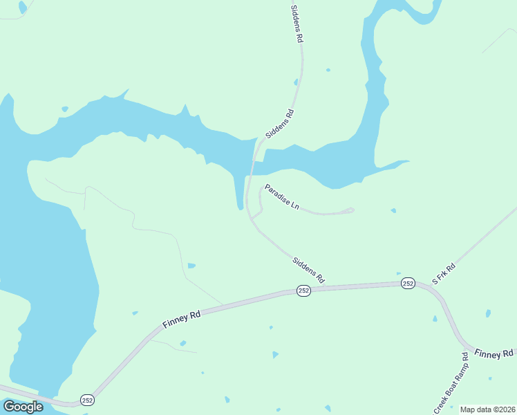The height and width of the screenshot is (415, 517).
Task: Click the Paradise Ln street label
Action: coord(281,196)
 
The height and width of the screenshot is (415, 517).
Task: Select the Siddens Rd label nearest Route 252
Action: coord(308,270)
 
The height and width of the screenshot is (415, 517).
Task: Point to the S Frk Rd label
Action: coord(444,274)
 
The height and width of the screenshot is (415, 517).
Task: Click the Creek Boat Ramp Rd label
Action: coord(451,384)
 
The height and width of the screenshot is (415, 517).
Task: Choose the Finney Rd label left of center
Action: coord(182,319)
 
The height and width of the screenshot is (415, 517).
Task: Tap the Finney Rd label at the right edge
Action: coord(494,353)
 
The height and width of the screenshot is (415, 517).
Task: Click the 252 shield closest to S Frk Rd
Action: coord(407,284)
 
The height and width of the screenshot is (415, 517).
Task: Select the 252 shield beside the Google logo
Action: coord(86,400)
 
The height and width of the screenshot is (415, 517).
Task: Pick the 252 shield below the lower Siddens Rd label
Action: coord(303,291)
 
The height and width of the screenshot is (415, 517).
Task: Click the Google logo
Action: coord(23,406)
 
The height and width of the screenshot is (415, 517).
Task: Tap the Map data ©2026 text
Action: coord(487,409)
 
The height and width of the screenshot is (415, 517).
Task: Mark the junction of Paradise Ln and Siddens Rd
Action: coord(252,219)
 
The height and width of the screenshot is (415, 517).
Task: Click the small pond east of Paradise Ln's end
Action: coord(393,210)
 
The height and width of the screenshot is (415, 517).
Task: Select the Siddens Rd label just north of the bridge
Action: coord(280,123)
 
